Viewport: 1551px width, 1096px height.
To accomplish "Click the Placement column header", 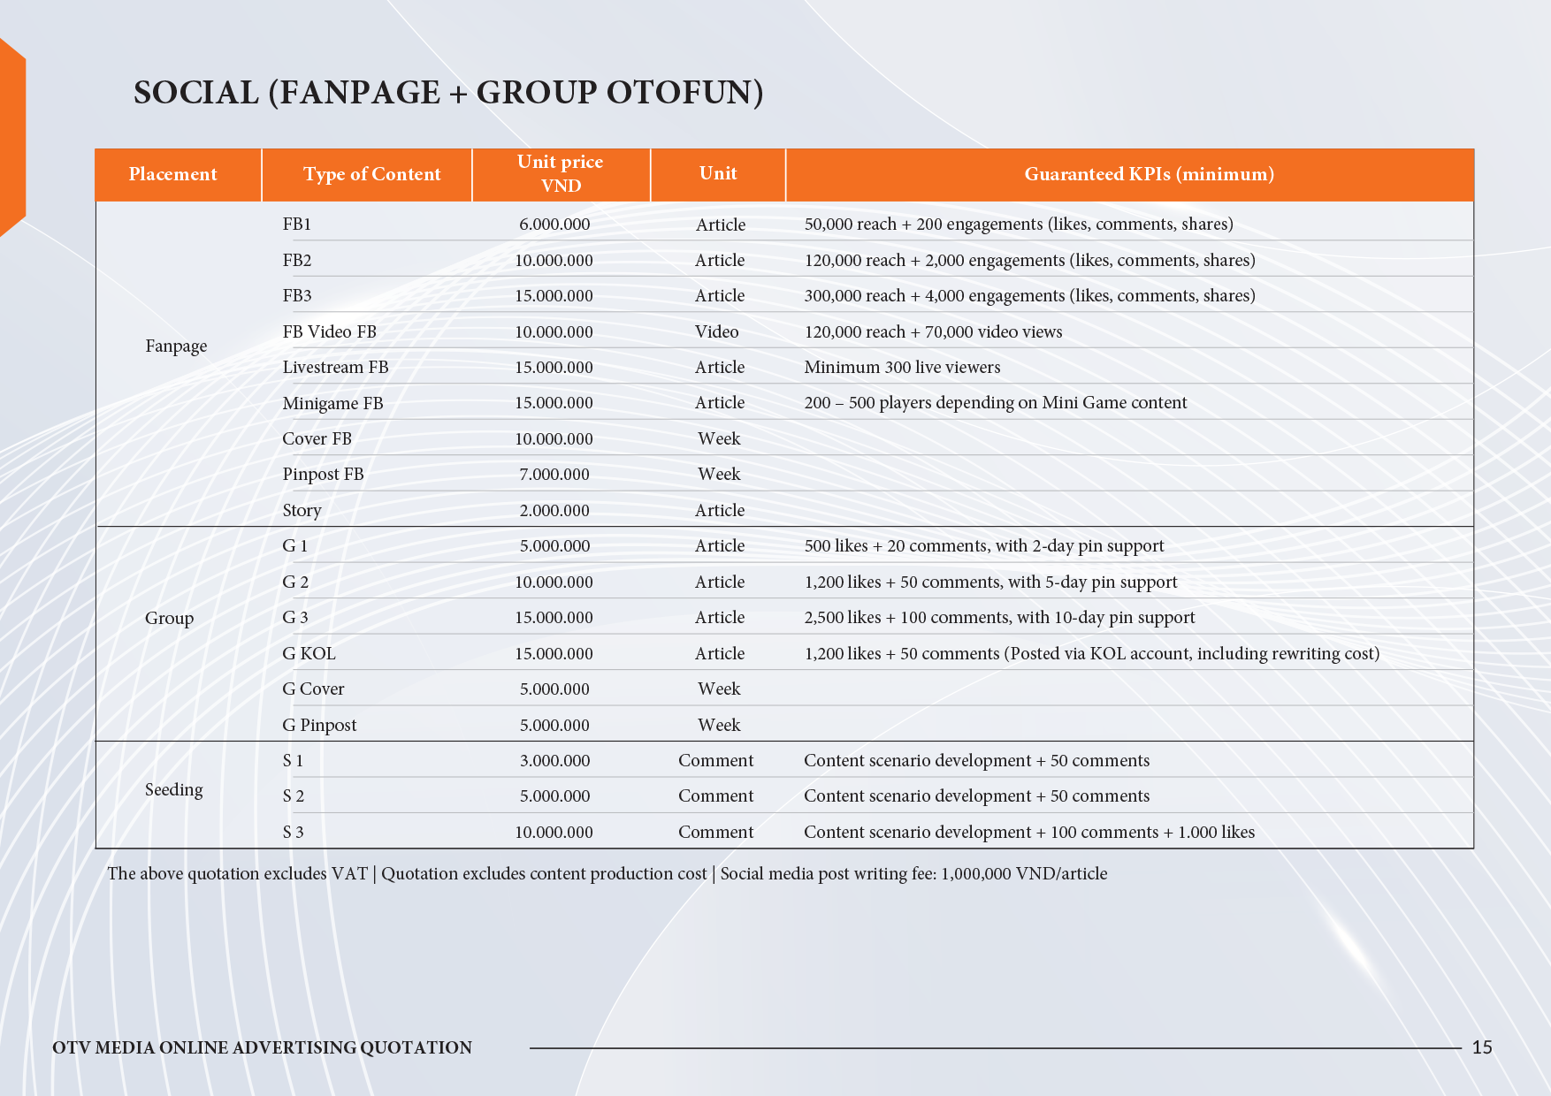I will pyautogui.click(x=173, y=174).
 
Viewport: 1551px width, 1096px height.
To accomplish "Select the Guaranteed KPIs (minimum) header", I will pyautogui.click(x=1149, y=174).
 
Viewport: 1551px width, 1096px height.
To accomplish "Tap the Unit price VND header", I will pyautogui.click(x=561, y=174).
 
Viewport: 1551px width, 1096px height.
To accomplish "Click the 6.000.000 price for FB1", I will pyautogui.click(x=554, y=225).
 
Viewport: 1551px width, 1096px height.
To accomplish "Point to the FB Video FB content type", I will pyautogui.click(x=329, y=332).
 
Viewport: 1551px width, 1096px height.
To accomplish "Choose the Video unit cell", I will pyautogui.click(x=716, y=332).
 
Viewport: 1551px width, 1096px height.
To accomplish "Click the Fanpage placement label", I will pyautogui.click(x=176, y=346).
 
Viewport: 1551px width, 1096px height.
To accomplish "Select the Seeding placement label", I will pyautogui.click(x=173, y=790).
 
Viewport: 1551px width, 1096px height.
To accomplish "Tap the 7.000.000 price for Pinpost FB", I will pyautogui.click(x=554, y=475).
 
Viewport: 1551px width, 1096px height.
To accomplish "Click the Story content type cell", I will pyautogui.click(x=302, y=511).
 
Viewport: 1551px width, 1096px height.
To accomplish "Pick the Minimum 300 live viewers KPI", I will pyautogui.click(x=902, y=368).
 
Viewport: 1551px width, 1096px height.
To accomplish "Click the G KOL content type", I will pyautogui.click(x=309, y=654).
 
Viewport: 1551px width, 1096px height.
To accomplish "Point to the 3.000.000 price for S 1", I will pyautogui.click(x=554, y=761).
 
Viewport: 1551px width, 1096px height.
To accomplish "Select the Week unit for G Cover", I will pyautogui.click(x=719, y=689).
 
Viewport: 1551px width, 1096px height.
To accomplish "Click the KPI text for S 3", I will pyautogui.click(x=1029, y=833).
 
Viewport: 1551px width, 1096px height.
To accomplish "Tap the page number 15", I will pyautogui.click(x=1482, y=1047).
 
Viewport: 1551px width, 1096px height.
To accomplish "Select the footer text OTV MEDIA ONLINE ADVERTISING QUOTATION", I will pyautogui.click(x=262, y=1047).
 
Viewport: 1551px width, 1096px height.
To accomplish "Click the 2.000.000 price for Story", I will pyautogui.click(x=554, y=511).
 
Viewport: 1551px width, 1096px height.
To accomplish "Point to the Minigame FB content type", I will pyautogui.click(x=332, y=404).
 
